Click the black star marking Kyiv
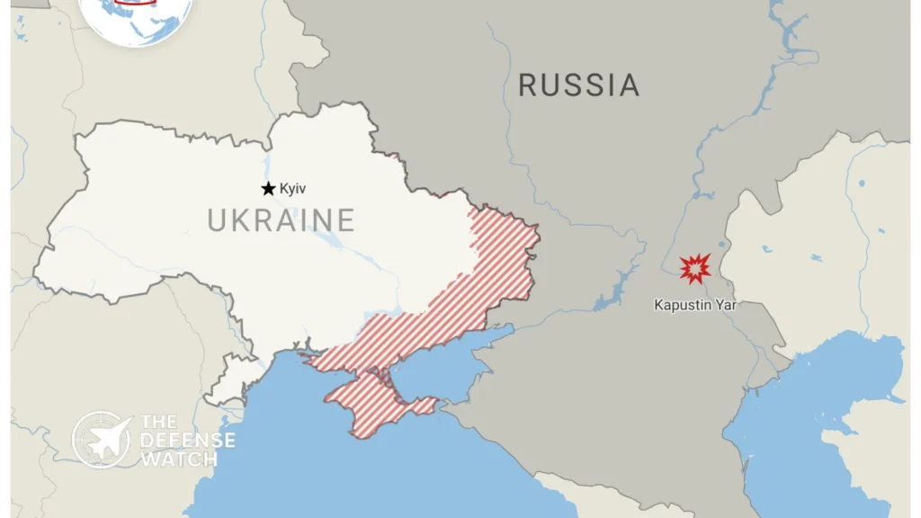coord(268,188)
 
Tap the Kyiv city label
coord(293,188)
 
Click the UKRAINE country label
coord(281,219)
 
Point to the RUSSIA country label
coord(578,85)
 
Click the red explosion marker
coord(694,268)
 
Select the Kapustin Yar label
coord(694,305)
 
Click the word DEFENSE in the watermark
coord(187,441)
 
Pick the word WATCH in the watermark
coord(178,459)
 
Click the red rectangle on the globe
coord(136,4)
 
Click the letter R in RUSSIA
coord(529,85)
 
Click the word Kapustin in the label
coord(681,305)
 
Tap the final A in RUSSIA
coord(628,85)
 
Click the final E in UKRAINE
coord(344,219)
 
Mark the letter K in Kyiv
coord(283,188)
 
